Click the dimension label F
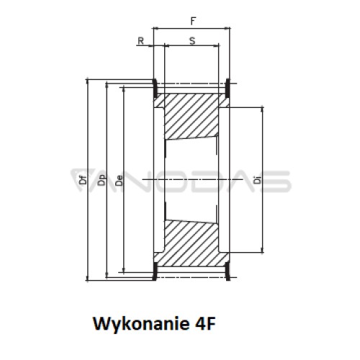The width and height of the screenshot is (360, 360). (x=193, y=21)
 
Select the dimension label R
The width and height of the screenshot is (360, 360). (x=140, y=41)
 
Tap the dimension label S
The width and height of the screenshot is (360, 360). (x=192, y=41)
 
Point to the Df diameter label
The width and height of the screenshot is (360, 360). (x=83, y=180)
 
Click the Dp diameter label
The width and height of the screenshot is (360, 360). (x=102, y=180)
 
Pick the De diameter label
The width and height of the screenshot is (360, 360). (x=119, y=181)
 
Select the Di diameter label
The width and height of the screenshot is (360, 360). (x=258, y=180)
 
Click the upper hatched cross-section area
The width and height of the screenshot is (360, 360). (x=191, y=117)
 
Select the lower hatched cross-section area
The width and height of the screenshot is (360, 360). (x=191, y=243)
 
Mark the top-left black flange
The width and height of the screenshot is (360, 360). (x=155, y=88)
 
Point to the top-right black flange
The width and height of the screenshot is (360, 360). (x=228, y=88)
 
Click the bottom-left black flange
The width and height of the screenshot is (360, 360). (x=155, y=271)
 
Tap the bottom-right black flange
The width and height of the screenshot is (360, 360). (x=228, y=271)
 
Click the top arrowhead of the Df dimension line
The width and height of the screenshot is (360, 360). (x=87, y=82)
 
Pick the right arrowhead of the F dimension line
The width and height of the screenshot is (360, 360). (x=227, y=29)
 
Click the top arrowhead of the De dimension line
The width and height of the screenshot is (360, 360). (x=124, y=90)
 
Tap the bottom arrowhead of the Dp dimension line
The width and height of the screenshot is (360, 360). (x=107, y=274)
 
